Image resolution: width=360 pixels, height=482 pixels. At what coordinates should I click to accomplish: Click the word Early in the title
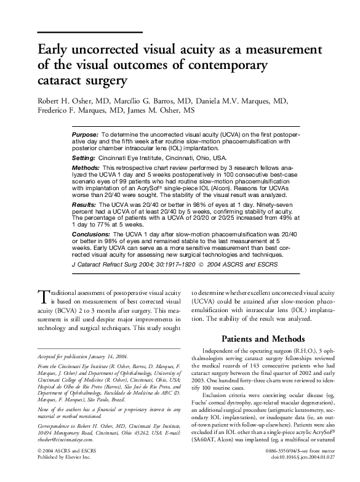tap(55, 49)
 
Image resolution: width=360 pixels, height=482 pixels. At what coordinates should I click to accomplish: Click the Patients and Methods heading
tap(261, 339)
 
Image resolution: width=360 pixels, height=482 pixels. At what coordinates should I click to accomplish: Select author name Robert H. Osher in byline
tap(70, 101)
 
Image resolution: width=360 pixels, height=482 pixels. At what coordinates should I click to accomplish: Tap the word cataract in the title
tap(60, 81)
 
